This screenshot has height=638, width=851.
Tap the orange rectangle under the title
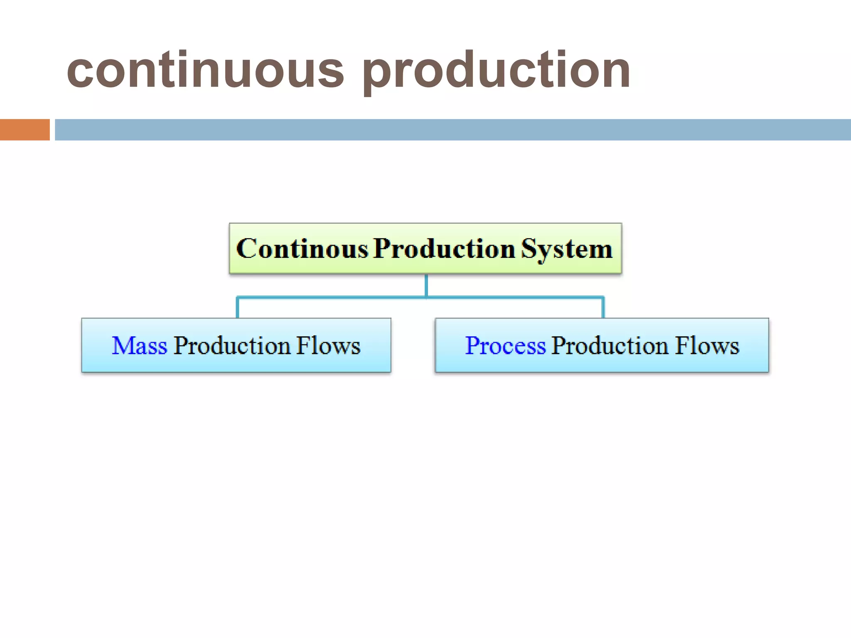(x=25, y=130)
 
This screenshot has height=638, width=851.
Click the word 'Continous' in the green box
(x=303, y=249)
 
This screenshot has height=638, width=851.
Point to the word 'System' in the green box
(x=567, y=249)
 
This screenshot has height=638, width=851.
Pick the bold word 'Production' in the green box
(x=444, y=249)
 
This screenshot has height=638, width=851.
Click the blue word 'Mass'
(x=140, y=346)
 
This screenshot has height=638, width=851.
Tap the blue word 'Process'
(x=505, y=346)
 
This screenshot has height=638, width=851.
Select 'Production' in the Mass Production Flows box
(x=232, y=346)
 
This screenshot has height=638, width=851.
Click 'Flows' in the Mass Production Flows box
(x=328, y=346)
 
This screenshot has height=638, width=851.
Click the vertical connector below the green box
(x=426, y=285)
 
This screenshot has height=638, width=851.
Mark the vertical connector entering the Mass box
(x=237, y=308)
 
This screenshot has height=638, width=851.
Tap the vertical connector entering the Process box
(x=603, y=308)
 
